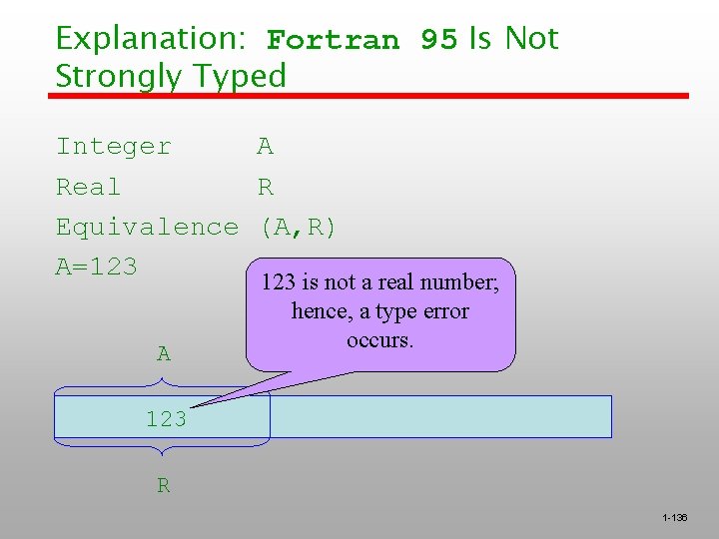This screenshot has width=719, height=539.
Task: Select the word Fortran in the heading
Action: pos(333,41)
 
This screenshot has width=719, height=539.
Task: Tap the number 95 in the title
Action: pos(438,40)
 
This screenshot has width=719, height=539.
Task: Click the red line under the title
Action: pos(369,96)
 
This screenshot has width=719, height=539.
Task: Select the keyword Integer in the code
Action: pos(114,147)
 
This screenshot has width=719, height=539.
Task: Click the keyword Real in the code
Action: pos(88,187)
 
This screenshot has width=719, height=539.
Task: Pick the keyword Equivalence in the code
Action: pos(147,227)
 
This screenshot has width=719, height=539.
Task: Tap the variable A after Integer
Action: pos(265,147)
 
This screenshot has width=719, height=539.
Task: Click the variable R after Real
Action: pos(266,187)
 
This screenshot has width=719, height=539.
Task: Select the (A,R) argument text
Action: pos(298,228)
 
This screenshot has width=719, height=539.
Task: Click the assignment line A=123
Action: pos(96,267)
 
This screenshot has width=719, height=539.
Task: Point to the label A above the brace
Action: pos(164,353)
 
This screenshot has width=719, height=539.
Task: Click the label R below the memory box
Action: pos(163,486)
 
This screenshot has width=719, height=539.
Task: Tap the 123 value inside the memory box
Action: pos(166,419)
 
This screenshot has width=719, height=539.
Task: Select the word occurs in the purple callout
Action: pos(379,340)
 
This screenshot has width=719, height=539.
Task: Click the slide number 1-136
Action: pos(674,517)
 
